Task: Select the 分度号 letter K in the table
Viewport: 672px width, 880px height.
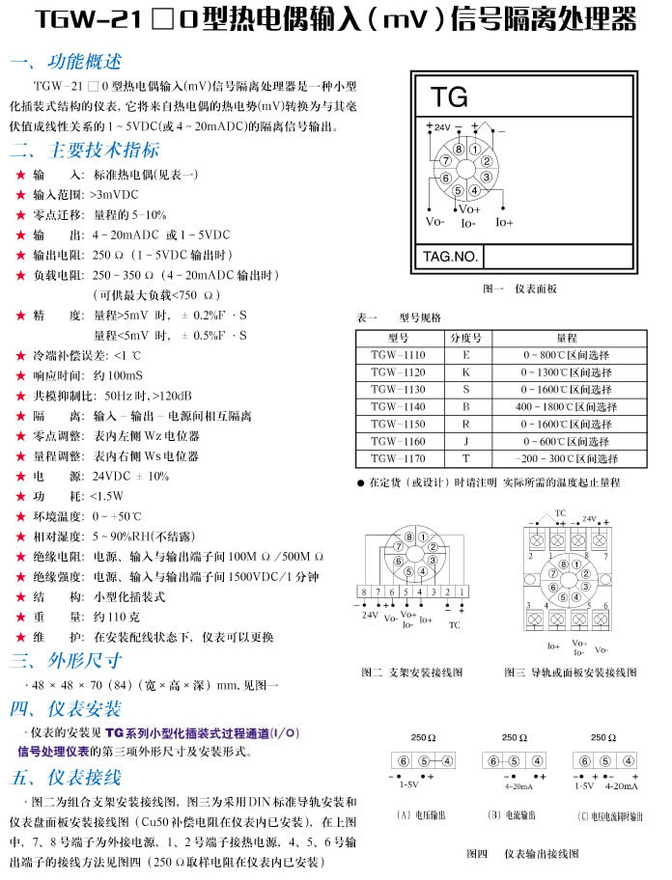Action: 465,372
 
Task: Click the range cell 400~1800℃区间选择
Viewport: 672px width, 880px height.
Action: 565,407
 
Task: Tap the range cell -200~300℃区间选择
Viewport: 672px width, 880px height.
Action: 565,459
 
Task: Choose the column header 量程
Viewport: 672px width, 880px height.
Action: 566,339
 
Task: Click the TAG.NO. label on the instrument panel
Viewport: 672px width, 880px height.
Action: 450,257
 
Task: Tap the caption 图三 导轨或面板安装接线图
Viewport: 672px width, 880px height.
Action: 570,672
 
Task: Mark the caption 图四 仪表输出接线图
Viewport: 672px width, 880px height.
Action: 521,854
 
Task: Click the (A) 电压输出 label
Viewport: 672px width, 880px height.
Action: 416,815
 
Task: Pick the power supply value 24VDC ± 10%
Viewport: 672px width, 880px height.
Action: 131,477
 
